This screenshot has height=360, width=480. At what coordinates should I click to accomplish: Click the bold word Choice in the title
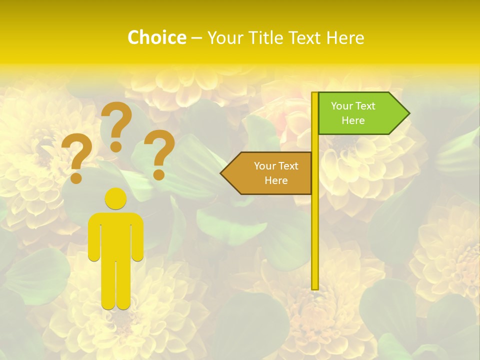click(156, 37)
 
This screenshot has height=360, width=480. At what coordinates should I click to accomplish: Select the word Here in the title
click(345, 37)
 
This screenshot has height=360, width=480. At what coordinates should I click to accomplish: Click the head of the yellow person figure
click(115, 198)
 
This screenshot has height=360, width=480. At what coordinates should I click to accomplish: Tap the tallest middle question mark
click(118, 120)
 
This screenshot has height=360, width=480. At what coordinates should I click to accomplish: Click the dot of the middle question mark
click(116, 146)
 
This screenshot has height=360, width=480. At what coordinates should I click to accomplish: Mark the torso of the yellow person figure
click(115, 235)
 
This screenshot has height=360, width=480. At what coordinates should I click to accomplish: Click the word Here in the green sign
click(353, 120)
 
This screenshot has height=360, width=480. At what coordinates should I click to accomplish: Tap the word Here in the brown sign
click(276, 180)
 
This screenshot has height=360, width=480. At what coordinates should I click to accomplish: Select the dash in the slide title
click(196, 37)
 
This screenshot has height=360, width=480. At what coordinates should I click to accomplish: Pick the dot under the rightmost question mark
click(159, 174)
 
